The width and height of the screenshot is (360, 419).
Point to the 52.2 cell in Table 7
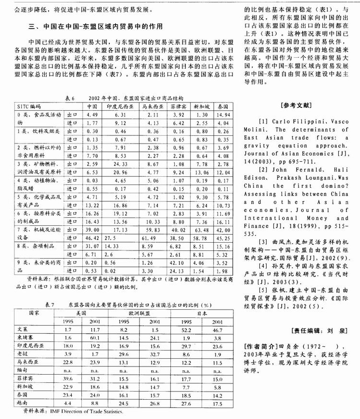[x=184, y=330]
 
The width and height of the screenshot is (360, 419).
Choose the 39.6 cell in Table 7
[x=67, y=380]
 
